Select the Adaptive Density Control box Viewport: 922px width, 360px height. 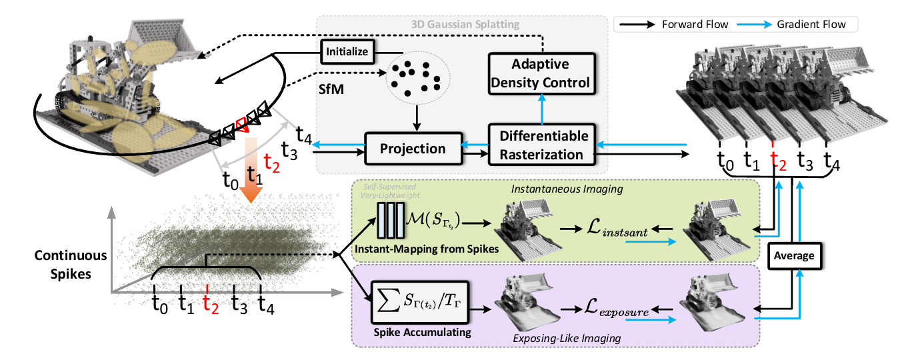click(x=541, y=73)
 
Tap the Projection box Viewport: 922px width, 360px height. click(x=413, y=148)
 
